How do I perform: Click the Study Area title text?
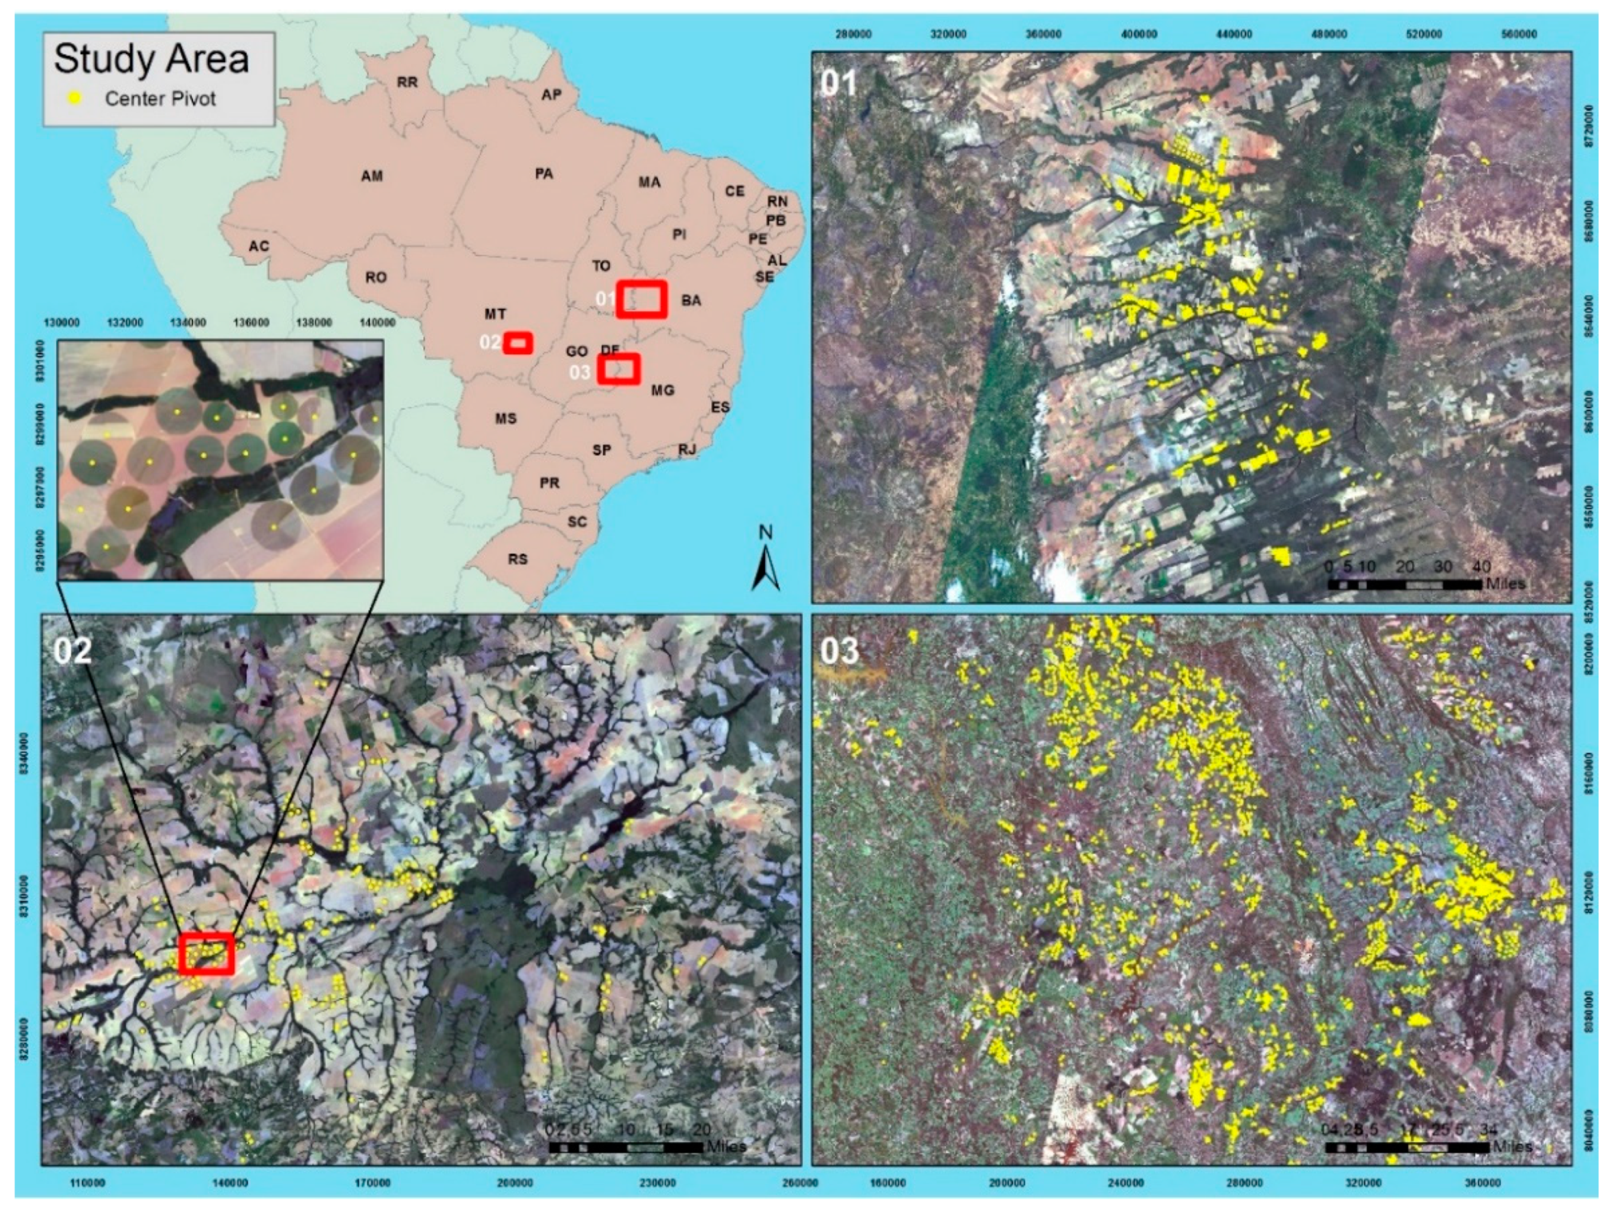[x=151, y=59]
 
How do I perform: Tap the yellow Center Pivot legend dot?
[x=74, y=98]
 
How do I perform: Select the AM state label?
[x=372, y=176]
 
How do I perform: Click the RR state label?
[x=407, y=82]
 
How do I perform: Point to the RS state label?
[x=518, y=559]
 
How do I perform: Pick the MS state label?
[x=505, y=418]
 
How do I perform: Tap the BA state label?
[x=691, y=300]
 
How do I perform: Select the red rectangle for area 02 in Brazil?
[x=518, y=343]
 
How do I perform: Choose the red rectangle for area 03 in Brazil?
[x=618, y=369]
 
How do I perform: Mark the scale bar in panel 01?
[x=1404, y=584]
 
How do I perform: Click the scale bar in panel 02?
[x=626, y=1147]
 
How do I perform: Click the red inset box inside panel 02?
[x=207, y=953]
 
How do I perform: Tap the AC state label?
[x=259, y=246]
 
